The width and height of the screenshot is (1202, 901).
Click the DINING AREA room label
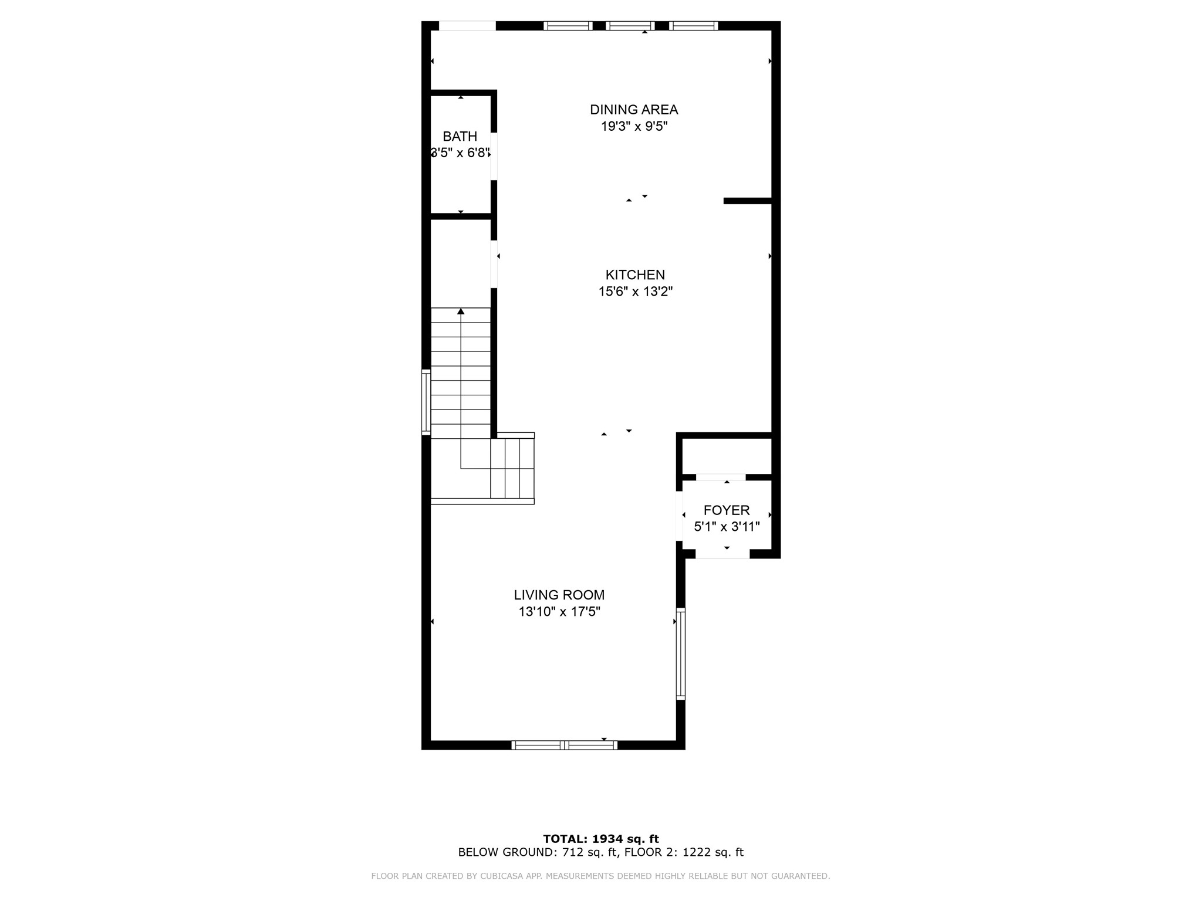(x=634, y=110)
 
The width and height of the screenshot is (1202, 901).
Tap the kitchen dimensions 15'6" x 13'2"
(x=635, y=292)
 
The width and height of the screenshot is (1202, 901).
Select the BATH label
(x=460, y=137)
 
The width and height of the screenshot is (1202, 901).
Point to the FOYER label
(x=727, y=510)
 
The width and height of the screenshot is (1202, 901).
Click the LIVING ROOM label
(x=559, y=595)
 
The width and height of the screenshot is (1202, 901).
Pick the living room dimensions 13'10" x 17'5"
(x=559, y=612)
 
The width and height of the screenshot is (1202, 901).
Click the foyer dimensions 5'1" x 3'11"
(x=727, y=527)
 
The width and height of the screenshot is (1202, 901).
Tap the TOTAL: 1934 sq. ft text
(x=600, y=839)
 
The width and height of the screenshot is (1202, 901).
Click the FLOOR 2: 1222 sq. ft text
(x=684, y=852)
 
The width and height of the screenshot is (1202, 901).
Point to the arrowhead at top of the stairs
(x=461, y=311)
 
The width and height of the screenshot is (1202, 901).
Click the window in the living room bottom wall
(x=564, y=745)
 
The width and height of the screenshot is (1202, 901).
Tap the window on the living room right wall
(x=680, y=653)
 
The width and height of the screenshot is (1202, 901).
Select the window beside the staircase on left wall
(x=426, y=402)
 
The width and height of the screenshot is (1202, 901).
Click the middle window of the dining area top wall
(x=630, y=26)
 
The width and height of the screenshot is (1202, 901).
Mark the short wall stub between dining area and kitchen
(x=747, y=201)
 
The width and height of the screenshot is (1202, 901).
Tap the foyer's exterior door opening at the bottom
(x=722, y=554)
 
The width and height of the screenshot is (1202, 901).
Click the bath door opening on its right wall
(x=494, y=156)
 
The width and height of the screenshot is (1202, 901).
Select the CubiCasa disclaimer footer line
(x=600, y=876)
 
